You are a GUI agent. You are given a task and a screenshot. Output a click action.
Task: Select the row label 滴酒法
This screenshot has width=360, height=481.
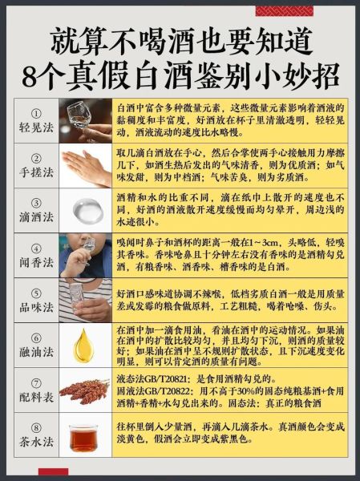[x=37, y=217]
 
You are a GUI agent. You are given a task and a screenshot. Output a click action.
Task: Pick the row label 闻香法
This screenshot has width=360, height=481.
[x=37, y=262]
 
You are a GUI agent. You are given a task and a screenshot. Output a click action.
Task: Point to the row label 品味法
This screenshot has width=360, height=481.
[x=37, y=307]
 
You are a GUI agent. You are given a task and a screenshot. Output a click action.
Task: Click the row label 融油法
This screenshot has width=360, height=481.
[x=37, y=351]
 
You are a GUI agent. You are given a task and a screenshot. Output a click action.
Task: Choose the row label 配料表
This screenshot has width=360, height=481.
[x=37, y=397]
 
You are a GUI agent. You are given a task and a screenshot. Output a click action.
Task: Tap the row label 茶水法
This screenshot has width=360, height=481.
[x=37, y=442]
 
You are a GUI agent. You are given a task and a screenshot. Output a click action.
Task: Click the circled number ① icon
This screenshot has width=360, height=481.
[x=37, y=113]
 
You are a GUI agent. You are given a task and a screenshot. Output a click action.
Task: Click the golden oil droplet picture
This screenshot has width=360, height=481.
[x=85, y=345]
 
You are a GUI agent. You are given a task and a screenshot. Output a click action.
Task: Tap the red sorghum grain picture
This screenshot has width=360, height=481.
[x=85, y=390]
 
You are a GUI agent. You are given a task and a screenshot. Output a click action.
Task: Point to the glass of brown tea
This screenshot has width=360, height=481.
[x=85, y=437]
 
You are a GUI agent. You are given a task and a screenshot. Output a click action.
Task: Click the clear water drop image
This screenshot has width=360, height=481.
[x=85, y=210]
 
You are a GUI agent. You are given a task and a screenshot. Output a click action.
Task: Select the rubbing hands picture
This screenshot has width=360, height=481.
[x=85, y=165]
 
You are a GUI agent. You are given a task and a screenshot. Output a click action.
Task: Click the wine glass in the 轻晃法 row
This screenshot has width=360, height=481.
[x=85, y=120]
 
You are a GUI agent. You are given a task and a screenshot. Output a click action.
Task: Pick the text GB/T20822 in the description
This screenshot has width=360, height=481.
[x=172, y=390]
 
